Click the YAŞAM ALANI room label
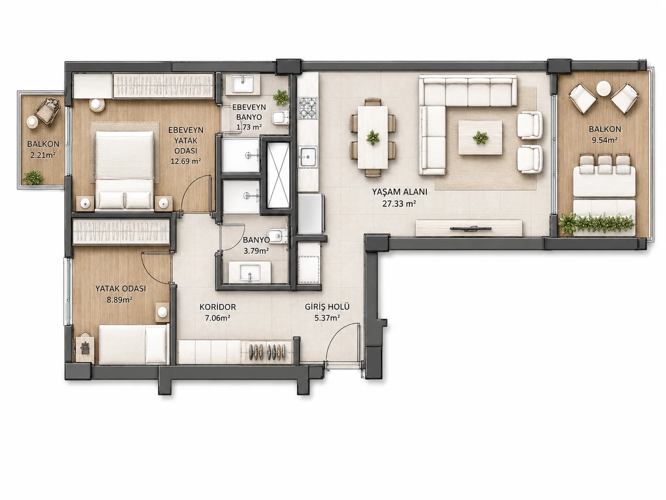[399, 192]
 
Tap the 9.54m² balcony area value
[605, 140]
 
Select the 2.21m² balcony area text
[43, 156]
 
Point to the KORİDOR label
[218, 307]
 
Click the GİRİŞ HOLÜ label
[327, 307]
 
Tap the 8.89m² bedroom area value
[119, 300]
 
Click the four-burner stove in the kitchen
[308, 108]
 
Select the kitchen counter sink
[308, 157]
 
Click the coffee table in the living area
[480, 138]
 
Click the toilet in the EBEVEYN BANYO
[280, 117]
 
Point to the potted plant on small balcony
[33, 177]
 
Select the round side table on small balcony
[32, 122]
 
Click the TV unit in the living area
[469, 228]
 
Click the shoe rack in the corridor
[267, 352]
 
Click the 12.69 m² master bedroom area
[185, 161]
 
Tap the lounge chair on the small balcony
[48, 111]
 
